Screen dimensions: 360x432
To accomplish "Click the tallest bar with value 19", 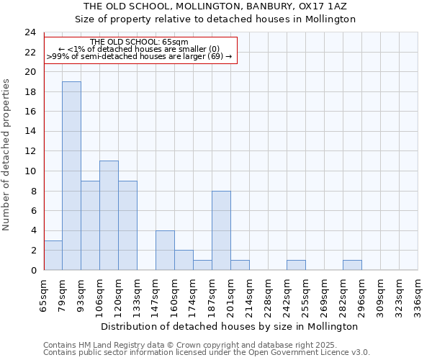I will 71,176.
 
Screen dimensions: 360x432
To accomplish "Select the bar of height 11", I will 109,215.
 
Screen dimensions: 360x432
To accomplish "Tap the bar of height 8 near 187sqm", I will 221,230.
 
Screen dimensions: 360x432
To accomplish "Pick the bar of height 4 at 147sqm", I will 165,250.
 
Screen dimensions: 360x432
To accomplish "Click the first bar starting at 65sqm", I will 53,255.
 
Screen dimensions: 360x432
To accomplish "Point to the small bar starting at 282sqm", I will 352,265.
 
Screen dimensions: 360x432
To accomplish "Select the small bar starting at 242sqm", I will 296,265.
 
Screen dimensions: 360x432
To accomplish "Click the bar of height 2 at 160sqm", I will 184,260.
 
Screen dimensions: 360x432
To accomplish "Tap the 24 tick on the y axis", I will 30,32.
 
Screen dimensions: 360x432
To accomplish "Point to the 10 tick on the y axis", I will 30,171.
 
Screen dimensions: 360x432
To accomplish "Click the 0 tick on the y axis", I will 32,270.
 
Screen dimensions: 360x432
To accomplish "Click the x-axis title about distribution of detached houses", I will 230,326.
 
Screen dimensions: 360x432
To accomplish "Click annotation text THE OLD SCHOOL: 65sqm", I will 140,42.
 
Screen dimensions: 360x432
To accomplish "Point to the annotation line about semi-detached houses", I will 140,56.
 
